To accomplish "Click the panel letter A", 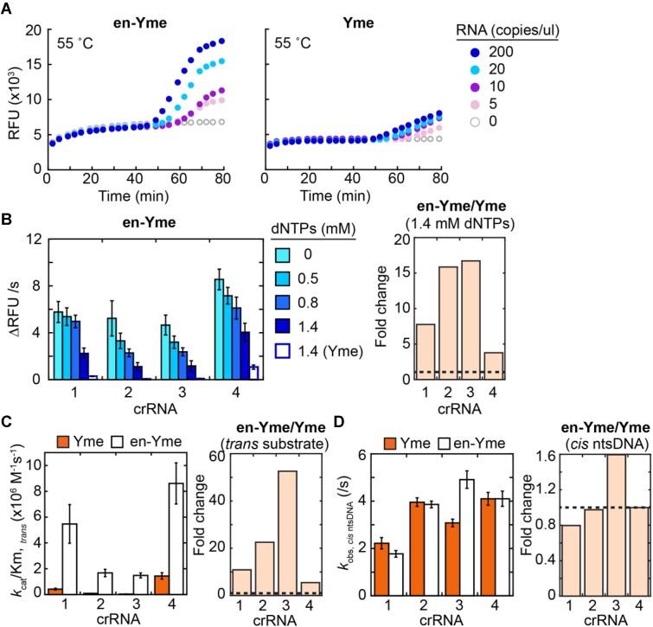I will (x=7, y=8).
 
